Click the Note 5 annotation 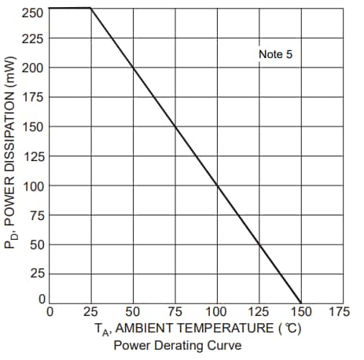coord(275,54)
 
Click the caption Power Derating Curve coord(177,345)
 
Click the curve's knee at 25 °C coord(91,8)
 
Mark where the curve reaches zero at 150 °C coord(300,302)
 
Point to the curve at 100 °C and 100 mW coord(217,186)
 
